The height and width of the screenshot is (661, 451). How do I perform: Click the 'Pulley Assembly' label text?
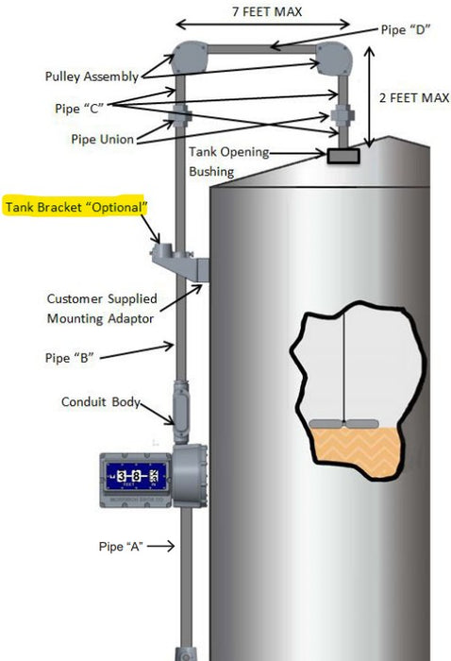[92, 76]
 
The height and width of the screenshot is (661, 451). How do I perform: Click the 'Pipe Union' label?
[103, 139]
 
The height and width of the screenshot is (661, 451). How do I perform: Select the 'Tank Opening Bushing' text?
[229, 161]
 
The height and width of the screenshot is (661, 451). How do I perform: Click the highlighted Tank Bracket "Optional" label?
[77, 206]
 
